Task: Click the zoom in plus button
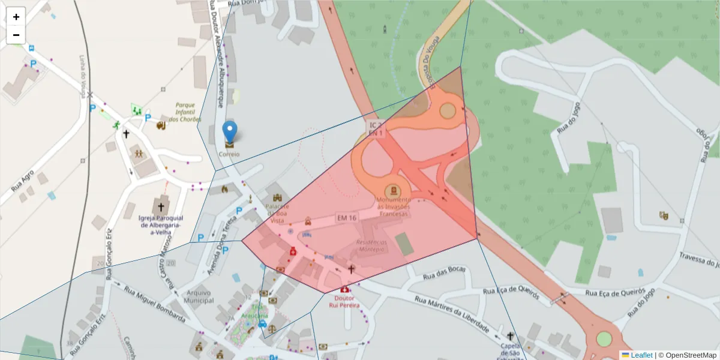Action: click(16, 17)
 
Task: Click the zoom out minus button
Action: click(16, 35)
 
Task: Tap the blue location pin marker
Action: click(229, 132)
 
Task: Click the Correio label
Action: click(229, 154)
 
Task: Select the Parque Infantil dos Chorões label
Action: click(184, 112)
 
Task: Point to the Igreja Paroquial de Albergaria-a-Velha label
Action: click(160, 225)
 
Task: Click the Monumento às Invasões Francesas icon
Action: click(393, 190)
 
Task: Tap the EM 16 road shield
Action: click(347, 217)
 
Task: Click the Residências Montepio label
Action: click(371, 246)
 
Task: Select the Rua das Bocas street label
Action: click(445, 273)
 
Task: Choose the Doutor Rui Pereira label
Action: click(344, 301)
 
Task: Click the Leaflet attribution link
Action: click(641, 355)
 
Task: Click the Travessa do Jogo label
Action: click(699, 259)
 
